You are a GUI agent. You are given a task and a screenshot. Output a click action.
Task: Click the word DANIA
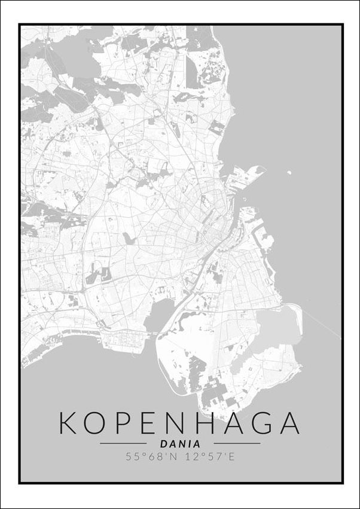click(x=180, y=444)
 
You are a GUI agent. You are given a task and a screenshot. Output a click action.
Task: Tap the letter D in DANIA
click(x=164, y=444)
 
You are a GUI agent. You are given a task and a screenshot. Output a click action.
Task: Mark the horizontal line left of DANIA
click(x=123, y=444)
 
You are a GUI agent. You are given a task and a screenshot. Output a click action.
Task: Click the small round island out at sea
click(x=289, y=173)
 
